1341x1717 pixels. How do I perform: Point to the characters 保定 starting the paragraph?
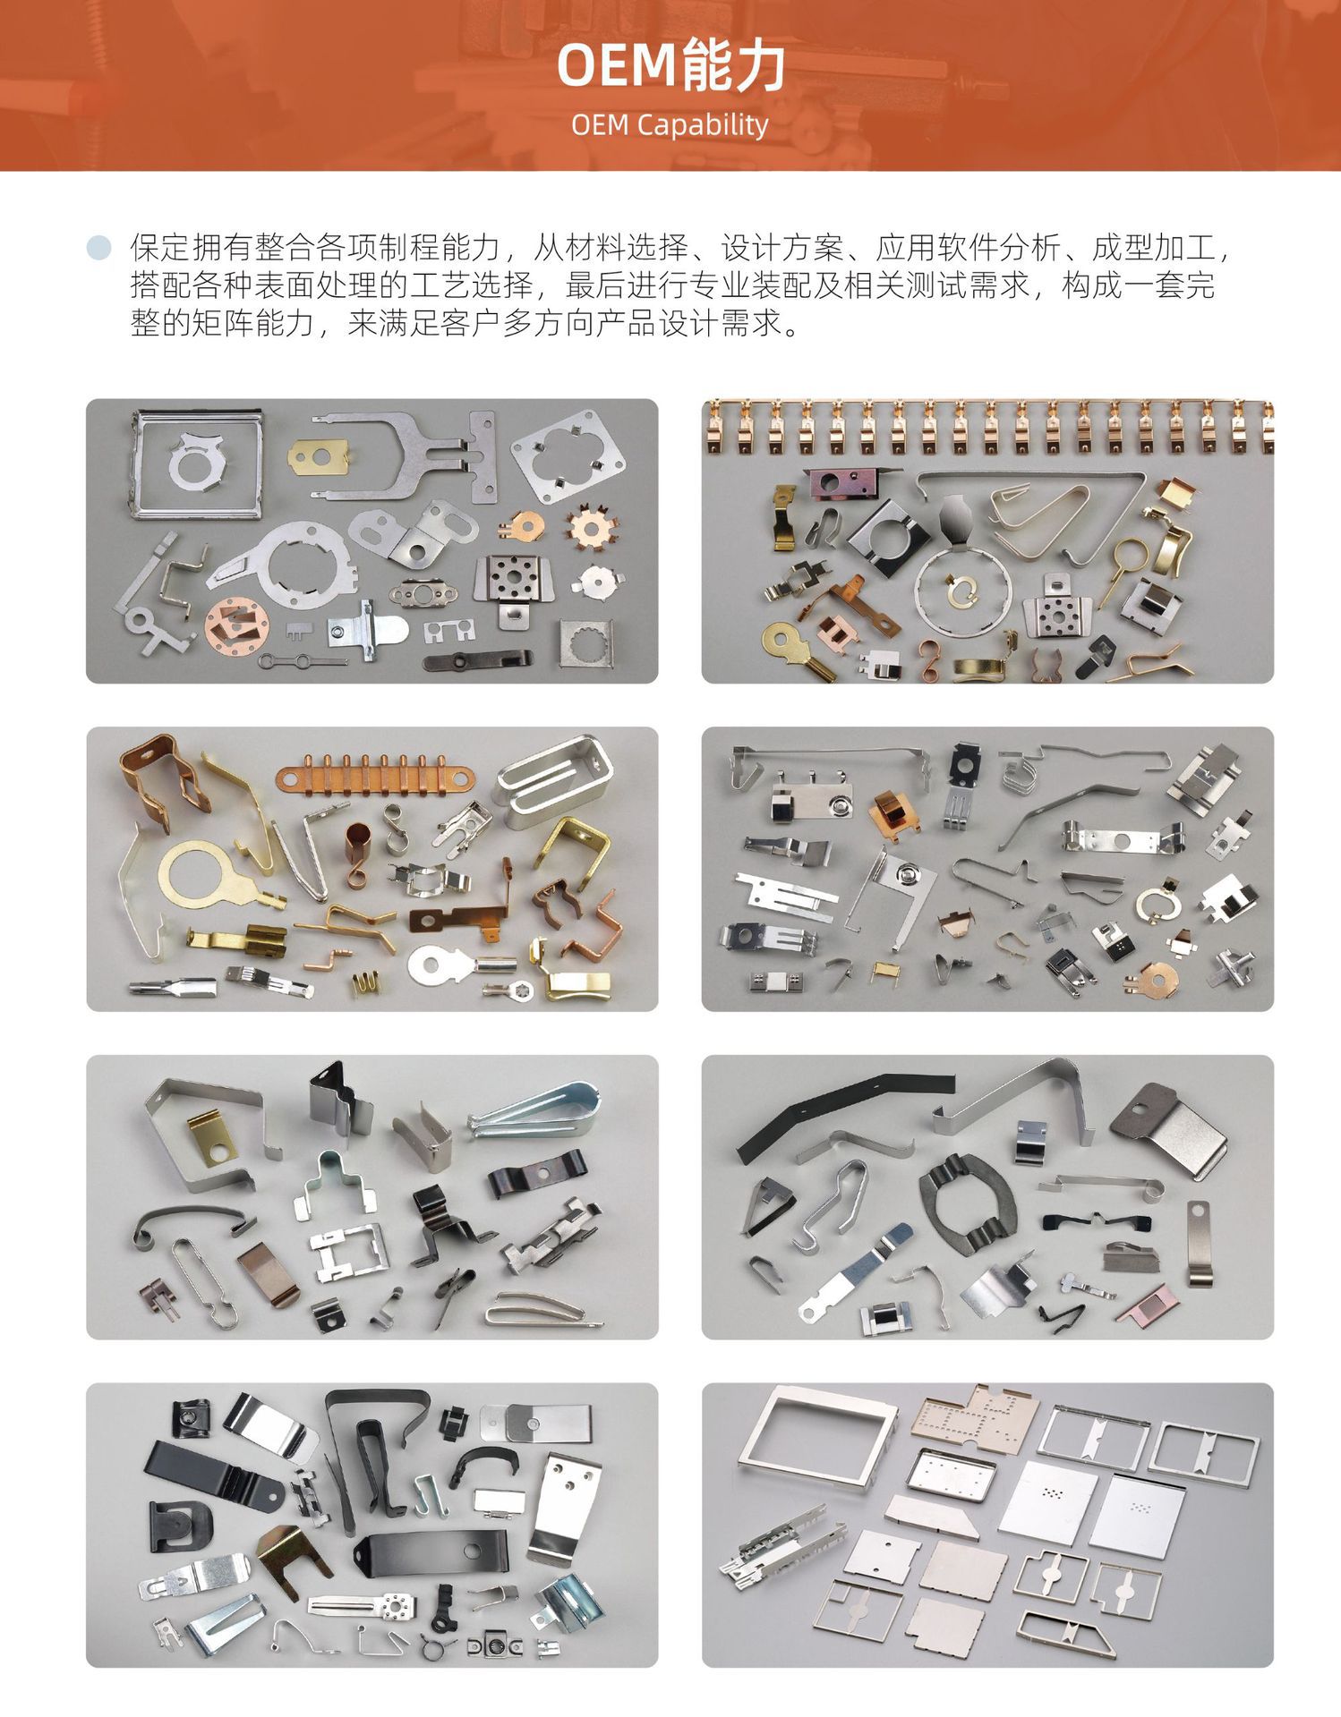[160, 248]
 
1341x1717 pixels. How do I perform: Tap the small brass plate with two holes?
[318, 457]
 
